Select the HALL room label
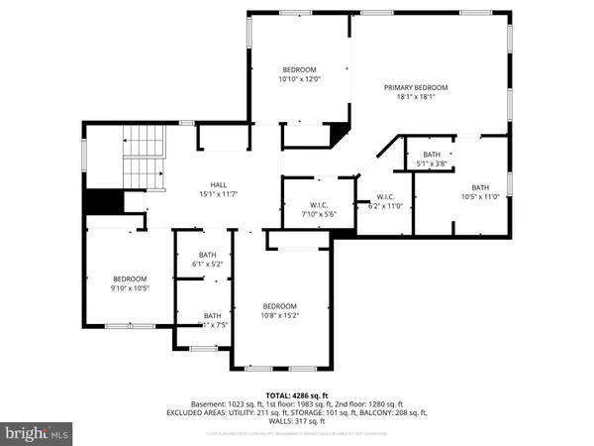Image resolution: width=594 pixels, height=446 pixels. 219,184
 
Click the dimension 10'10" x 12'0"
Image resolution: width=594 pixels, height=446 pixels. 301,79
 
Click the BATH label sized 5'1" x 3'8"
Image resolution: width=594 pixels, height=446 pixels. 432,155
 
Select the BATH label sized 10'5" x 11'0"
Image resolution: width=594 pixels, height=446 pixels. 480,187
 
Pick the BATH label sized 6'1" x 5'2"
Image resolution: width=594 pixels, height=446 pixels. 207,255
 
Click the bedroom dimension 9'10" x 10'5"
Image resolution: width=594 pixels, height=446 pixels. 130,288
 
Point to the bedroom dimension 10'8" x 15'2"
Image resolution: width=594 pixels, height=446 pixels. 280,316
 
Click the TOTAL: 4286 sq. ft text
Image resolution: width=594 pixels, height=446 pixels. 296,394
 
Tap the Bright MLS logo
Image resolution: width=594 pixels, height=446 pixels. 38,433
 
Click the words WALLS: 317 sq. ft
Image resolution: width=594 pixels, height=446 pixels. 296,422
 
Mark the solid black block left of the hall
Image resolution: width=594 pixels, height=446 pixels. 103,201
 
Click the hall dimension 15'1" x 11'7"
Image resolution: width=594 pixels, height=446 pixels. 219,194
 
